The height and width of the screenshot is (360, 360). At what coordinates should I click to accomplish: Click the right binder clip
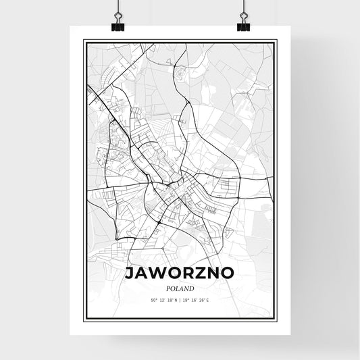pyautogui.click(x=243, y=24)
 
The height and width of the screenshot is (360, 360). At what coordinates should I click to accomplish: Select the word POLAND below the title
pyautogui.click(x=180, y=286)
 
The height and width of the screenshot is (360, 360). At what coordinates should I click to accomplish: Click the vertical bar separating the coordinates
pyautogui.click(x=180, y=300)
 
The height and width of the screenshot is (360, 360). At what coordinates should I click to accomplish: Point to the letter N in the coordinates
pyautogui.click(x=175, y=300)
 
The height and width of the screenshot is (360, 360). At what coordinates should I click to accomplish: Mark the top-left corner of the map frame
pyautogui.click(x=84, y=41)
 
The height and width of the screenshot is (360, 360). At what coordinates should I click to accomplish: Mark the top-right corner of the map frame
pyautogui.click(x=277, y=41)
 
